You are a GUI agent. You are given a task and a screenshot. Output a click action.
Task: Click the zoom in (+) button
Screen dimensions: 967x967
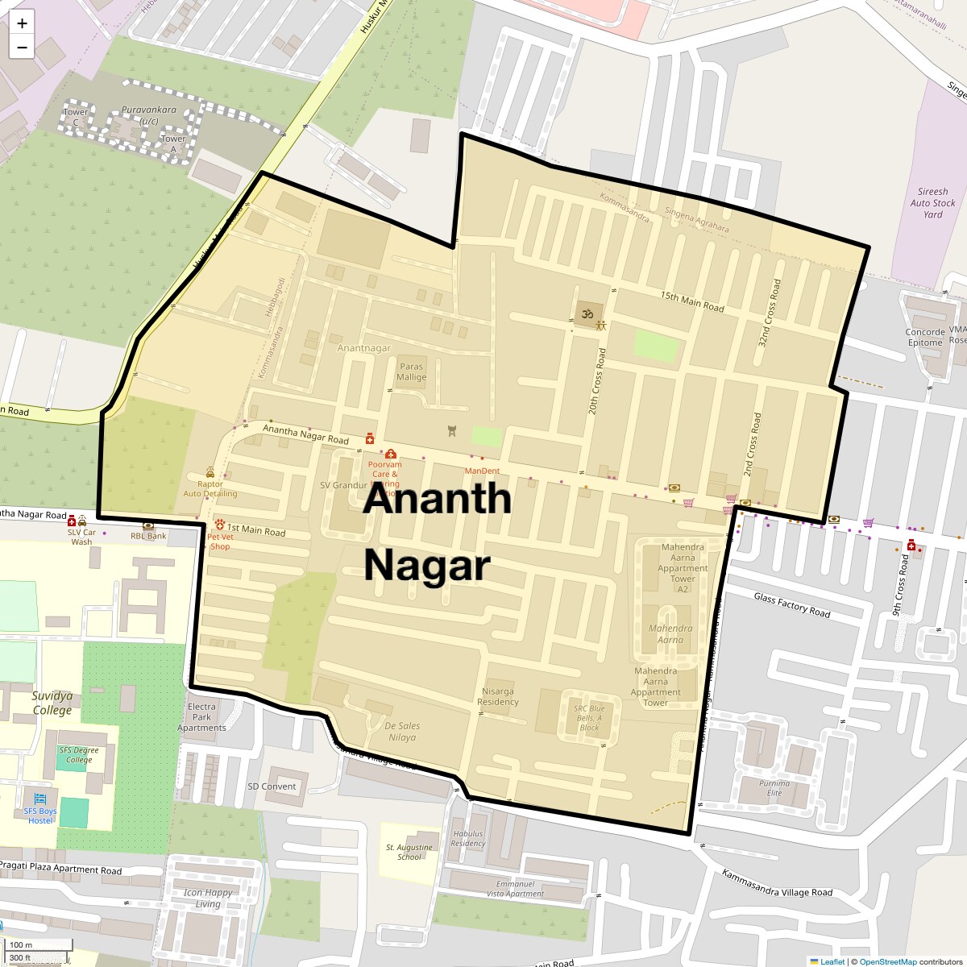[22, 23]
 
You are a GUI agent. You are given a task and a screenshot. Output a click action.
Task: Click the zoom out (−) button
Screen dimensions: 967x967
[22, 48]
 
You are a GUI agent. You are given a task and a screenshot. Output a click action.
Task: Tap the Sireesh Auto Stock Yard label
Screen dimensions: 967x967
[932, 203]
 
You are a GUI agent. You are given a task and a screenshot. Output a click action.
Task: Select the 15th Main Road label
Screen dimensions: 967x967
[692, 301]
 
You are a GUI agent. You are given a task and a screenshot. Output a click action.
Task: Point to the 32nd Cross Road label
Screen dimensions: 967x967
[770, 313]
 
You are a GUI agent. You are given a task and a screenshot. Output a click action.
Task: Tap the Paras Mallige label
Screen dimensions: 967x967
[412, 371]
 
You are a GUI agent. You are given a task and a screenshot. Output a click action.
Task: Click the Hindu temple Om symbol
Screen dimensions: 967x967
[587, 311]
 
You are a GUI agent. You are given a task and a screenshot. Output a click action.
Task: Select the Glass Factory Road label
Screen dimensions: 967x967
[791, 605]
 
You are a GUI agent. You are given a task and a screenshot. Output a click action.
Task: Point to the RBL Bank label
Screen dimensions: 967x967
[148, 536]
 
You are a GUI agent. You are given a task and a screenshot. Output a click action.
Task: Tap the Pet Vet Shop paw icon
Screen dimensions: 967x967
[219, 525]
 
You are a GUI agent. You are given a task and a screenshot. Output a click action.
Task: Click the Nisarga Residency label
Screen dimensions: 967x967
[498, 696]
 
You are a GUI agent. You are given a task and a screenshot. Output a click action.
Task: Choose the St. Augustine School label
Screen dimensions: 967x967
[409, 852]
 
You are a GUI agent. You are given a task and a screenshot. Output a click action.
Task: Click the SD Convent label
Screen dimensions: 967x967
[272, 786]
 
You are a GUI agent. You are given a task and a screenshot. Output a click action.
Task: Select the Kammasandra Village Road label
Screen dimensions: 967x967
[777, 883]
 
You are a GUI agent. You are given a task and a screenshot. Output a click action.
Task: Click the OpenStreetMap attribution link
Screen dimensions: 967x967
[887, 961]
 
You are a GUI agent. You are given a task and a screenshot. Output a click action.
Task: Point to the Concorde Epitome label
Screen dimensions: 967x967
[925, 337]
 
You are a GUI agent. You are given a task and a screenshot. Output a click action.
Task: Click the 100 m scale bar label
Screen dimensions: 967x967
[22, 944]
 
